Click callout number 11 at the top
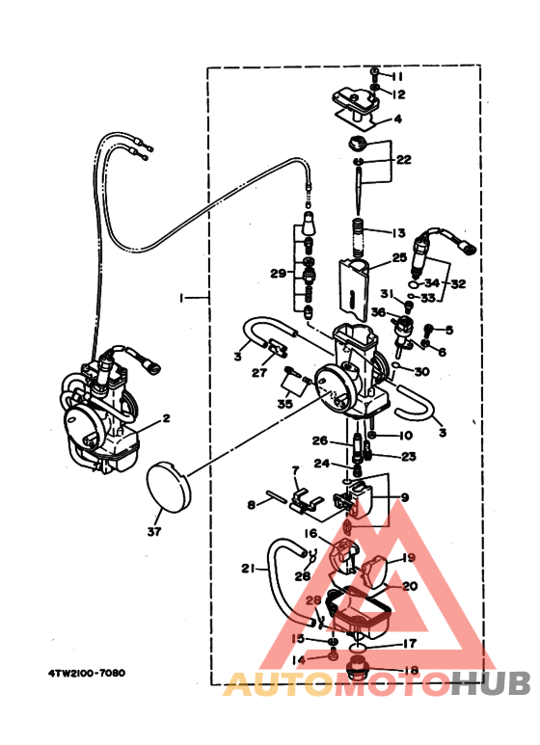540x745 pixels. (x=397, y=76)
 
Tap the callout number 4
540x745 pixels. (x=397, y=120)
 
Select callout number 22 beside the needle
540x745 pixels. (x=403, y=160)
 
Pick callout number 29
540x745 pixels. (x=278, y=274)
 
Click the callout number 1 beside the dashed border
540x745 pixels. (x=181, y=299)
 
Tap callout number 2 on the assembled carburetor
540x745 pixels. (x=166, y=418)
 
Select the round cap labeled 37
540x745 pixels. (x=169, y=486)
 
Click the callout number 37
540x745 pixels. (x=155, y=531)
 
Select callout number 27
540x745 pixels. (x=259, y=372)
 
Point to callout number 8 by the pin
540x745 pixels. (x=251, y=504)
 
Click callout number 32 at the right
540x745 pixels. (x=457, y=284)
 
